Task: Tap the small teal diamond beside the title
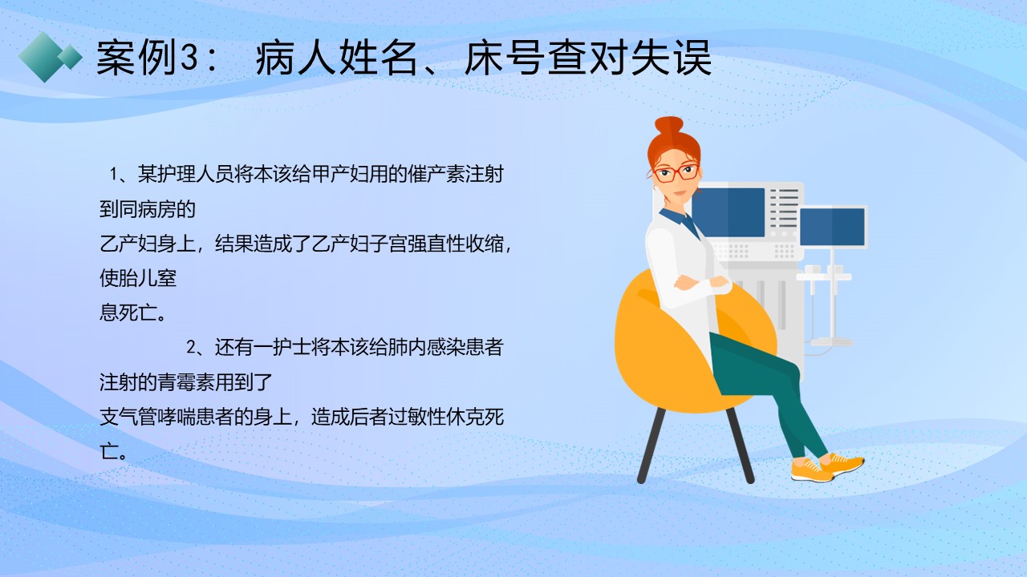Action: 70,57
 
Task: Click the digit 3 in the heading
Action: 187,59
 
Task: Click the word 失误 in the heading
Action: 672,58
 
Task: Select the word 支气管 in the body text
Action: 128,417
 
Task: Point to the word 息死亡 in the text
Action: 128,313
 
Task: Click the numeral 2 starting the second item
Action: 191,348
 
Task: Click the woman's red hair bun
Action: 669,125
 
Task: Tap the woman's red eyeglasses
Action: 676,172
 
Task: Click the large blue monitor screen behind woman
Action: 730,212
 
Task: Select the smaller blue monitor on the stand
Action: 832,227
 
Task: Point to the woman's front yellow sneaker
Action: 812,470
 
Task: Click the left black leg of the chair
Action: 652,445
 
